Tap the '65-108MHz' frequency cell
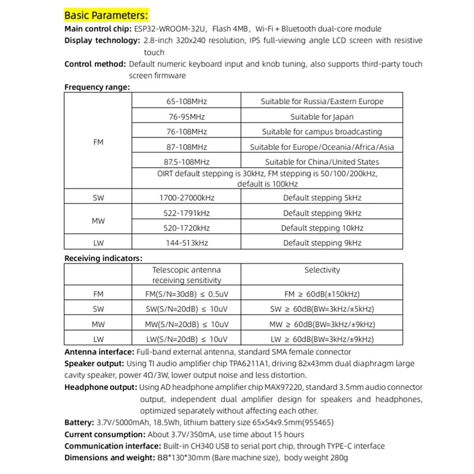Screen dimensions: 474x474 tap(187, 101)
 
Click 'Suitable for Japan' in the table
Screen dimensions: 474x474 tap(322, 117)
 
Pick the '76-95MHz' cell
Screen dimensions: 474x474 tap(187, 117)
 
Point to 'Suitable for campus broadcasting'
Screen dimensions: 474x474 tap(322, 132)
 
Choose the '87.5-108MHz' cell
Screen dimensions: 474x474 tap(187, 162)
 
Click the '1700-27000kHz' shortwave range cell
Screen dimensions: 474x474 tap(187, 198)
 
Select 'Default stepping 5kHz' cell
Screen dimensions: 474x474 tap(322, 198)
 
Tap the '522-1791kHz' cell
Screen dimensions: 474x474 tap(187, 213)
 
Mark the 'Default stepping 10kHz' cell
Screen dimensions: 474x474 tap(322, 228)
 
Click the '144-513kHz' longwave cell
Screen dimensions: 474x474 tap(187, 243)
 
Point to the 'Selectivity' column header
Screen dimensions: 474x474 tap(322, 270)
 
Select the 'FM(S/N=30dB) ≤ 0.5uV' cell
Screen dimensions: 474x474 tap(187, 294)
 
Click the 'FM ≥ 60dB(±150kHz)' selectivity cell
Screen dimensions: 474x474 tap(322, 294)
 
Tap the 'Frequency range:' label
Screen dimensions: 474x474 tap(97, 87)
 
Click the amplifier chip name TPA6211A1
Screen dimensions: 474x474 tap(263, 363)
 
